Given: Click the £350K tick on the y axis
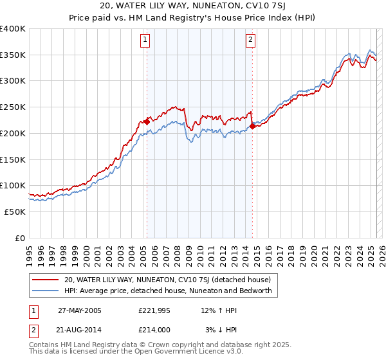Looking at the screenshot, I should pos(13,55).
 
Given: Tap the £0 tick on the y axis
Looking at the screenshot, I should pos(21,238).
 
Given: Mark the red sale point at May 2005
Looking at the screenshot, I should pos(147,121).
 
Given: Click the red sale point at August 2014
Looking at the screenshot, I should pos(252,126).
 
